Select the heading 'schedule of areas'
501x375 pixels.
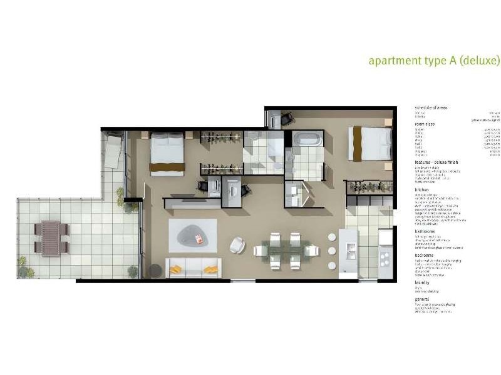tap(431, 108)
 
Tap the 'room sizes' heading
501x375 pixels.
tap(425, 124)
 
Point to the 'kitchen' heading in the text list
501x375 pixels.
tap(423, 190)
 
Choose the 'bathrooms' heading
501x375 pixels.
tap(425, 231)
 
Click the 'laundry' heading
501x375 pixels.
tap(423, 282)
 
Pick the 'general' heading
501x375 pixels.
tap(423, 299)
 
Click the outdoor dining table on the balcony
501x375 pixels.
tap(51, 237)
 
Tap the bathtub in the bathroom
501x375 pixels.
tap(307, 138)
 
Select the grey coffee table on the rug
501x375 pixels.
tap(191, 236)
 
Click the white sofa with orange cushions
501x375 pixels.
tap(193, 268)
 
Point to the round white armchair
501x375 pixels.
tap(237, 245)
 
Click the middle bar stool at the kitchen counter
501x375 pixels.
tap(332, 251)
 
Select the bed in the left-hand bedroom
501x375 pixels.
tap(167, 154)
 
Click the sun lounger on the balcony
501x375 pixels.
tap(113, 150)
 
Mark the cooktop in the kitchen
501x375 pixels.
tap(385, 256)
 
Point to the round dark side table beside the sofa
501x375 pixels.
tap(155, 270)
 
